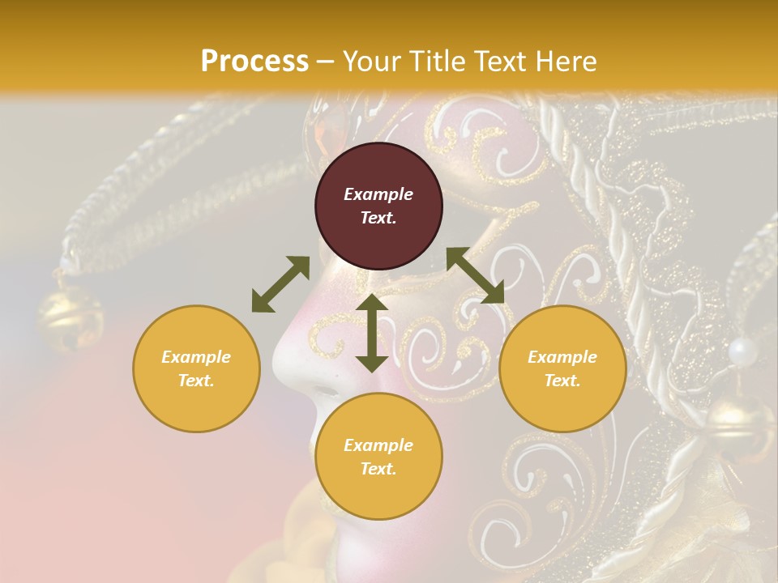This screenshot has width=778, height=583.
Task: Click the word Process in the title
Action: [254, 62]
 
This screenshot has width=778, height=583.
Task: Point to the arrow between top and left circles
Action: [280, 284]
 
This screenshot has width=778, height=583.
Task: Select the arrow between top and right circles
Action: [475, 276]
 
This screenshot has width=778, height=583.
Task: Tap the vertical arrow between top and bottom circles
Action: [372, 333]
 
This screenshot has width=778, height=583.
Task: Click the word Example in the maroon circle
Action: [378, 194]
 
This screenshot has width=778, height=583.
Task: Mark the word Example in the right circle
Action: [562, 357]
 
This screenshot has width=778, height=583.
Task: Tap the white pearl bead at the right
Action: [742, 351]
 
